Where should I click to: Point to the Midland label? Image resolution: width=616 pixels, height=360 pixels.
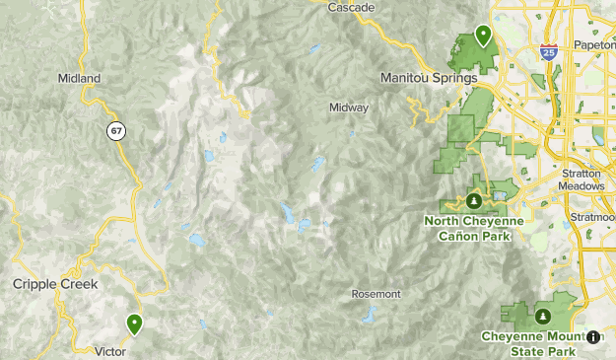click(x=79, y=78)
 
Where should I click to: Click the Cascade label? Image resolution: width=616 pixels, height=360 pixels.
click(x=352, y=8)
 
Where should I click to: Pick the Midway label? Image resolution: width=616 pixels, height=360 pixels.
click(x=350, y=108)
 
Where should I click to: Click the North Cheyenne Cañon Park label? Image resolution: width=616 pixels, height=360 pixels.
click(x=473, y=227)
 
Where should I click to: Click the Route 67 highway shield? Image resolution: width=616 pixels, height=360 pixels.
click(x=117, y=129)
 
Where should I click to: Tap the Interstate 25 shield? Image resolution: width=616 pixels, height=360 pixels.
click(x=548, y=50)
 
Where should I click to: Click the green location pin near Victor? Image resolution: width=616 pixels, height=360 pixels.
click(x=133, y=323)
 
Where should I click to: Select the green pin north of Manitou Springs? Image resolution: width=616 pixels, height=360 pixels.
click(x=483, y=36)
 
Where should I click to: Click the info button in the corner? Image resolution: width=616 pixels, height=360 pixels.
click(x=592, y=337)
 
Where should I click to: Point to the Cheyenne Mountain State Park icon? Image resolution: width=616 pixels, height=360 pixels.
click(x=543, y=317)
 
